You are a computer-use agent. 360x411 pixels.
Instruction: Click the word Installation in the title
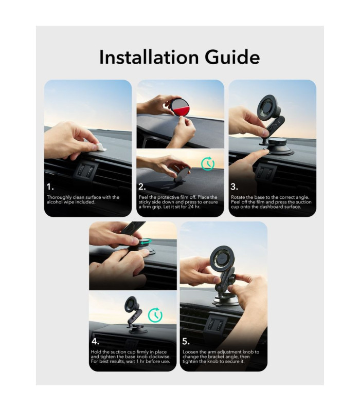(x=149, y=57)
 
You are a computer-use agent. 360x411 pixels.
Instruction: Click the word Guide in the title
(x=232, y=57)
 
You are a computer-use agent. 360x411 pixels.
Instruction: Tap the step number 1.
(x=50, y=187)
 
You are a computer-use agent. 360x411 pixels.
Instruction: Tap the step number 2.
(x=142, y=187)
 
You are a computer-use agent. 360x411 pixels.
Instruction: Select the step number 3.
(x=235, y=187)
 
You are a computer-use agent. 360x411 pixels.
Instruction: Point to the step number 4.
(x=96, y=342)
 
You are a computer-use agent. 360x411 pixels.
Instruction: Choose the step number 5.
(x=186, y=342)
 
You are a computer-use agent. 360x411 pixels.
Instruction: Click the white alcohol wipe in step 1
(x=100, y=147)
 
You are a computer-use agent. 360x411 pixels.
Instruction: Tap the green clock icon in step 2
(x=208, y=164)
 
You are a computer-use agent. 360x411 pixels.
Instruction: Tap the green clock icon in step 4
(x=155, y=315)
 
